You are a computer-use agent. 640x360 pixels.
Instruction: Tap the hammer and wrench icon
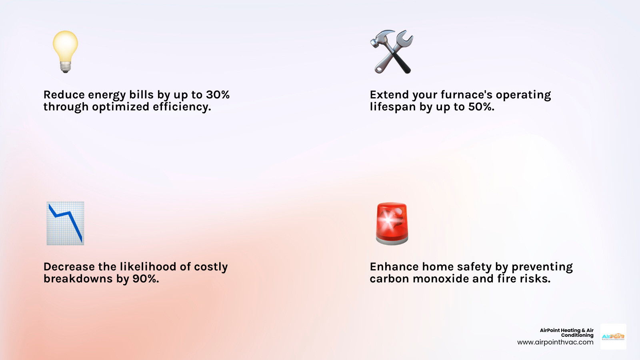tap(392, 52)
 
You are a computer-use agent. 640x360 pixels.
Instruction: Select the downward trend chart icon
tap(65, 223)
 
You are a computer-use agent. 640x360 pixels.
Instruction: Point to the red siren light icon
tap(392, 223)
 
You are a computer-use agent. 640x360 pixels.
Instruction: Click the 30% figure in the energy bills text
tap(218, 95)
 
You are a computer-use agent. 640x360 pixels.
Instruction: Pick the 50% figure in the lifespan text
tap(481, 107)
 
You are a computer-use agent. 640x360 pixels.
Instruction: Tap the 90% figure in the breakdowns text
tap(146, 279)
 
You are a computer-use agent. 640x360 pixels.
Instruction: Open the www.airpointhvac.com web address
tap(555, 342)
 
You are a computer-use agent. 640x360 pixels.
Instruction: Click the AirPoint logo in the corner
tap(613, 337)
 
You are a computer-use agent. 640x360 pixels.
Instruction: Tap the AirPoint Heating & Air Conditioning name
tap(567, 332)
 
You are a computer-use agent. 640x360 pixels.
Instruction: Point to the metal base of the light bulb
tap(66, 67)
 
